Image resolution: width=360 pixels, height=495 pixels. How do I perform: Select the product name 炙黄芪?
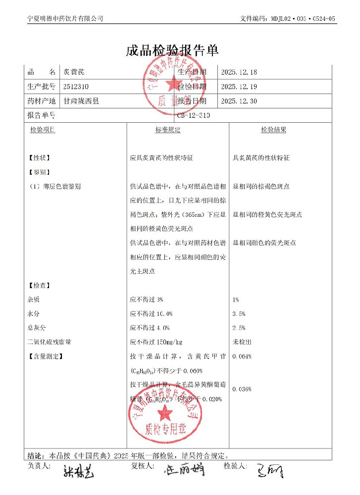tap(74, 72)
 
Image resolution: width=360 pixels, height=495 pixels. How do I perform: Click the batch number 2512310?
tap(76, 87)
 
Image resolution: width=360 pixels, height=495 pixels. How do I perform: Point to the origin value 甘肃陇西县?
tap(81, 101)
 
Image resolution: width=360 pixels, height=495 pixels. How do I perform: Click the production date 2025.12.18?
tap(239, 72)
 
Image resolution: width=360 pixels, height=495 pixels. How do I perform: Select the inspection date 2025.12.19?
tap(239, 87)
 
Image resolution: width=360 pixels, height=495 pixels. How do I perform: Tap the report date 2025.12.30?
tap(239, 101)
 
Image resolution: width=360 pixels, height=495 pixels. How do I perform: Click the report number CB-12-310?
tap(194, 115)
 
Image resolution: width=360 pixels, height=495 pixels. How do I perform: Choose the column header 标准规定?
tap(168, 130)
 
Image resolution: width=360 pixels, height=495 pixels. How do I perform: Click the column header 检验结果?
tap(274, 130)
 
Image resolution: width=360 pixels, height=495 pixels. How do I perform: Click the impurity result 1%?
tap(236, 299)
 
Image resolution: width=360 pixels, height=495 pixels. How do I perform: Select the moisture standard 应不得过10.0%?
tap(151, 313)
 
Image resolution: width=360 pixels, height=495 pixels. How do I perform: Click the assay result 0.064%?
tap(242, 356)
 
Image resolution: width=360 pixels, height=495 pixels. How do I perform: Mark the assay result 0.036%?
tap(242, 389)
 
